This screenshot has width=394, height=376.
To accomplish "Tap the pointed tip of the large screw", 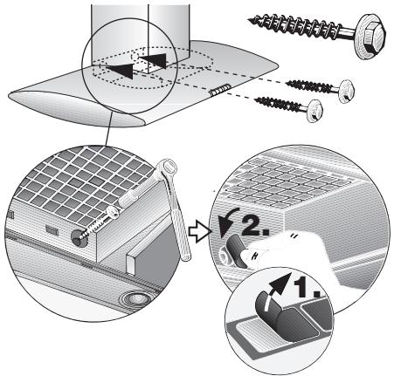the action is [248, 20].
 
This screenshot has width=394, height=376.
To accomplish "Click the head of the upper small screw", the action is [347, 92].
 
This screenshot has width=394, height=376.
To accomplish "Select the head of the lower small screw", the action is [315, 111].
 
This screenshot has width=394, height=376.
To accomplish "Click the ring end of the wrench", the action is [168, 167].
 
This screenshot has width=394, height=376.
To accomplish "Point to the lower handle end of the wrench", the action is [185, 256].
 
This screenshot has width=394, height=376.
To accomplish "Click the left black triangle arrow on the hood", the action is [121, 70].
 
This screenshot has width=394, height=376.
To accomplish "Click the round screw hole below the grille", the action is [79, 239].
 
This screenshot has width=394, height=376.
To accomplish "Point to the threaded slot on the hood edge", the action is [220, 90].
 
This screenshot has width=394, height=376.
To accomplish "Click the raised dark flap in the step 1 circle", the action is [286, 316].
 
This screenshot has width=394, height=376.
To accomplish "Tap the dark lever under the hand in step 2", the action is [236, 251].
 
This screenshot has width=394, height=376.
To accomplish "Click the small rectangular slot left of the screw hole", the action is [52, 229].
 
